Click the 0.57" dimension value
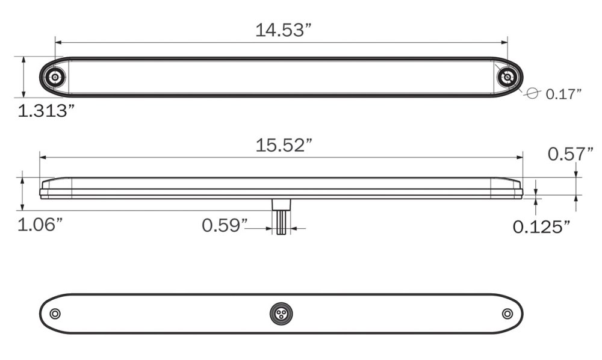[570, 155]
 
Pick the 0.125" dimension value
[541, 226]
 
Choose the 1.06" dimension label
[40, 225]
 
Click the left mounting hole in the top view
[55, 77]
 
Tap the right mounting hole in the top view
[507, 77]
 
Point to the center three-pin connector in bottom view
[281, 314]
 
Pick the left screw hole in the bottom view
[55, 314]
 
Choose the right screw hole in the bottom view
[507, 314]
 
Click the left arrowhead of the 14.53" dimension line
[58, 43]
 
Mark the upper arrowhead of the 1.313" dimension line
[23, 60]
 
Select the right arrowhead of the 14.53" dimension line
[505, 43]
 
